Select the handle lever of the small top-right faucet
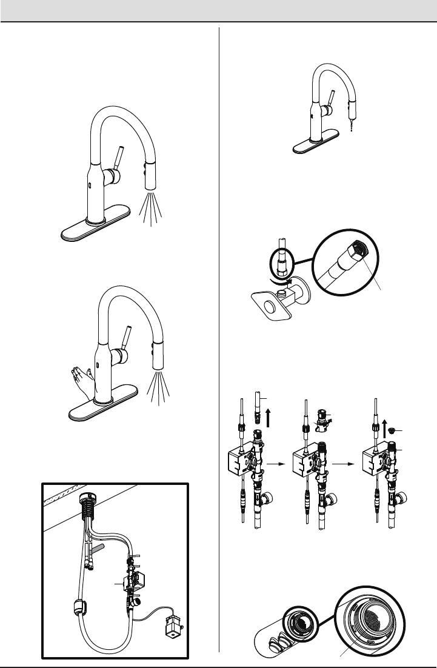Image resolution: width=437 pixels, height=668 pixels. click(332, 99)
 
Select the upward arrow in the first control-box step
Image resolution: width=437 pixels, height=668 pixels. click(269, 417)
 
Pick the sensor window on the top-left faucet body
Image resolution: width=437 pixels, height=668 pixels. click(89, 186)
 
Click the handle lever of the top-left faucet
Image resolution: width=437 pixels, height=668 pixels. click(118, 157)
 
